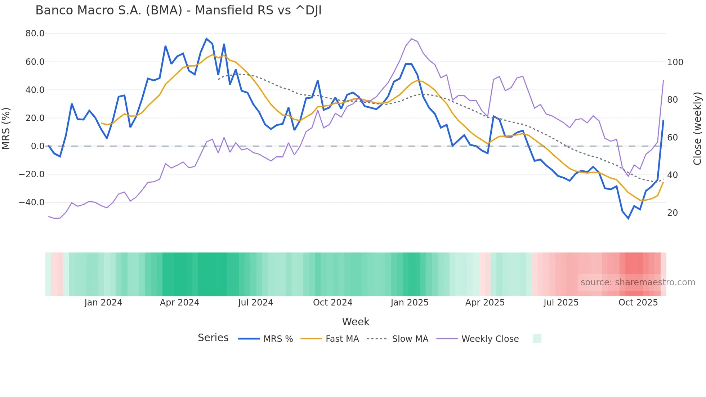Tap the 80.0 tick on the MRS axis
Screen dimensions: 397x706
coord(35,34)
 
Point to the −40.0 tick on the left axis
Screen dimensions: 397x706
coord(32,202)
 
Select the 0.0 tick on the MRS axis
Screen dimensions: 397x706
coord(37,146)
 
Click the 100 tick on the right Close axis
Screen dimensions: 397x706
coord(675,62)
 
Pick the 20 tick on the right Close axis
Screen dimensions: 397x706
coord(672,213)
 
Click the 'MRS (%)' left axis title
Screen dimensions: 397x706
coord(6,128)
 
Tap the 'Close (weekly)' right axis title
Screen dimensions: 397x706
coord(697,128)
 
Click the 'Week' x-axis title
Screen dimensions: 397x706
coord(356,322)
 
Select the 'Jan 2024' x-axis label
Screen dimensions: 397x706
coord(103,303)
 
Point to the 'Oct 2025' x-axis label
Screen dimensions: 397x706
coord(638,303)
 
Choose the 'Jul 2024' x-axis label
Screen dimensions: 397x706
coord(255,303)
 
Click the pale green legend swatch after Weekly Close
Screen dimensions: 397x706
coord(537,339)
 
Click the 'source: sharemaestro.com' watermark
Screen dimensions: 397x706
coord(638,282)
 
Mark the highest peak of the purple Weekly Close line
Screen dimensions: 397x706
coord(411,39)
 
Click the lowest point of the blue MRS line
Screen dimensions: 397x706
coord(628,218)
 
